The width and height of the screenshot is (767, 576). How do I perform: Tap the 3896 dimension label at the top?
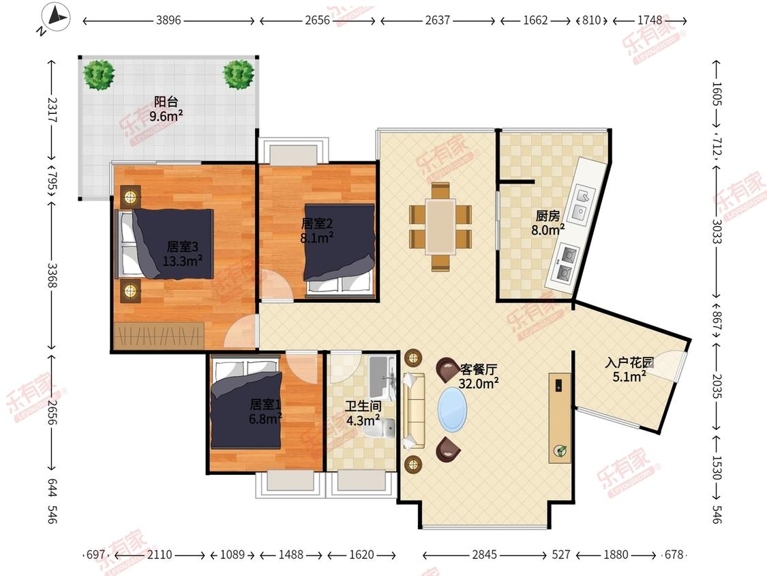(x=168, y=20)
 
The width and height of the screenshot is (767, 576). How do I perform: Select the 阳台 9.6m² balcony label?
(x=166, y=109)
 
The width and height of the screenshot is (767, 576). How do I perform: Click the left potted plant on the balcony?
(x=99, y=74)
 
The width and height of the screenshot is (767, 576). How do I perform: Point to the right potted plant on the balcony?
(x=239, y=74)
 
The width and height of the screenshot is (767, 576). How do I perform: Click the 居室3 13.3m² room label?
(x=183, y=254)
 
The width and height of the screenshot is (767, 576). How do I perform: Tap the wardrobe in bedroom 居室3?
(x=160, y=336)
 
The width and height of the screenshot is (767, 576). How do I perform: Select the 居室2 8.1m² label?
(x=317, y=231)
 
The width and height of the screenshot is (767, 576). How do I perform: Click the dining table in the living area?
(x=440, y=227)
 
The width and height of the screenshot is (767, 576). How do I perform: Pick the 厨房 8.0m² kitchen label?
(x=548, y=223)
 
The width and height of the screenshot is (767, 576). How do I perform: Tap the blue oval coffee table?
(x=452, y=410)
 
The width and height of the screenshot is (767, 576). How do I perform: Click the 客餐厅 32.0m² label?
(x=479, y=376)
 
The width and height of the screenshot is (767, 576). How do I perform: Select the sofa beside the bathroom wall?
(x=413, y=410)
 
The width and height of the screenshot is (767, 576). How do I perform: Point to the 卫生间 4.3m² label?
(x=363, y=413)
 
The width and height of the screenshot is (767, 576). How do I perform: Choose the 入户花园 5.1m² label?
(x=629, y=369)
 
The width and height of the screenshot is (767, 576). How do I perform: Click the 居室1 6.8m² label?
(x=266, y=411)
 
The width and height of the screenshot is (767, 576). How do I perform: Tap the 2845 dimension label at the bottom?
(x=484, y=554)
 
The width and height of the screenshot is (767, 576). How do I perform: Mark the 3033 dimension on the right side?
(x=717, y=231)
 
